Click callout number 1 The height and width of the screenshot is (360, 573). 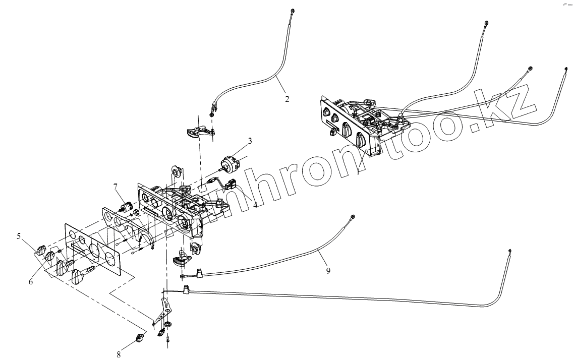pyautogui.click(x=358, y=172)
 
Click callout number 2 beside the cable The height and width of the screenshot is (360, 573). pyautogui.click(x=287, y=99)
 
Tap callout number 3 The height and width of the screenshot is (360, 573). pyautogui.click(x=250, y=141)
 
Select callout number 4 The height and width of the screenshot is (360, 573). pyautogui.click(x=256, y=205)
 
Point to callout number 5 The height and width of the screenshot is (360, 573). pyautogui.click(x=19, y=235)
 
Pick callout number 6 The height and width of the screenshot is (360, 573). pyautogui.click(x=31, y=282)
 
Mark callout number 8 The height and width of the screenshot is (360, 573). pyautogui.click(x=119, y=354)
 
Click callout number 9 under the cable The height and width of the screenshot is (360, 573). pyautogui.click(x=328, y=271)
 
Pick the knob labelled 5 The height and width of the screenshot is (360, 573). pyautogui.click(x=41, y=249)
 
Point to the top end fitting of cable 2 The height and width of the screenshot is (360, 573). pyautogui.click(x=293, y=11)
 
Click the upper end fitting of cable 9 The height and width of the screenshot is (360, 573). pyautogui.click(x=352, y=217)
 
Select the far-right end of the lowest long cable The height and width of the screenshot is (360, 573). pyautogui.click(x=510, y=251)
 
